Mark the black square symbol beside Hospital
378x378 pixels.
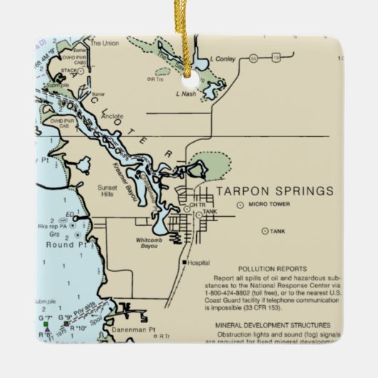185,262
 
